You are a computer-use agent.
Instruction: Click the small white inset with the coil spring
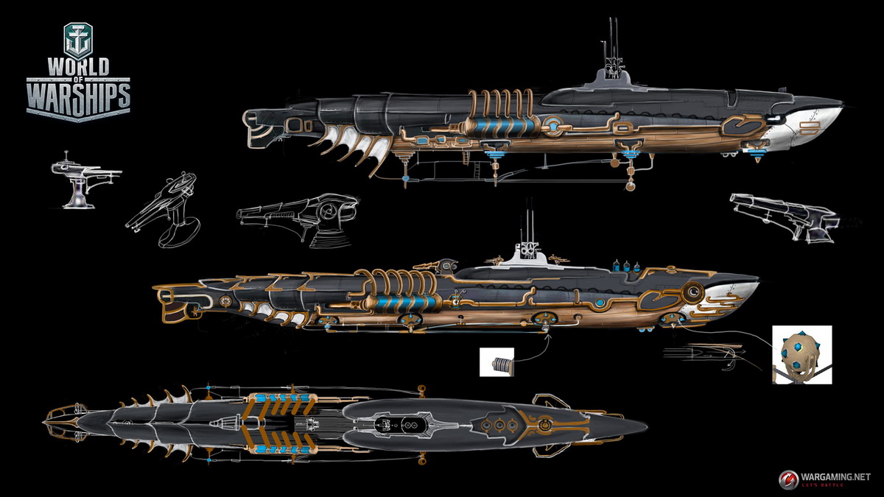pyautogui.click(x=497, y=362)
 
